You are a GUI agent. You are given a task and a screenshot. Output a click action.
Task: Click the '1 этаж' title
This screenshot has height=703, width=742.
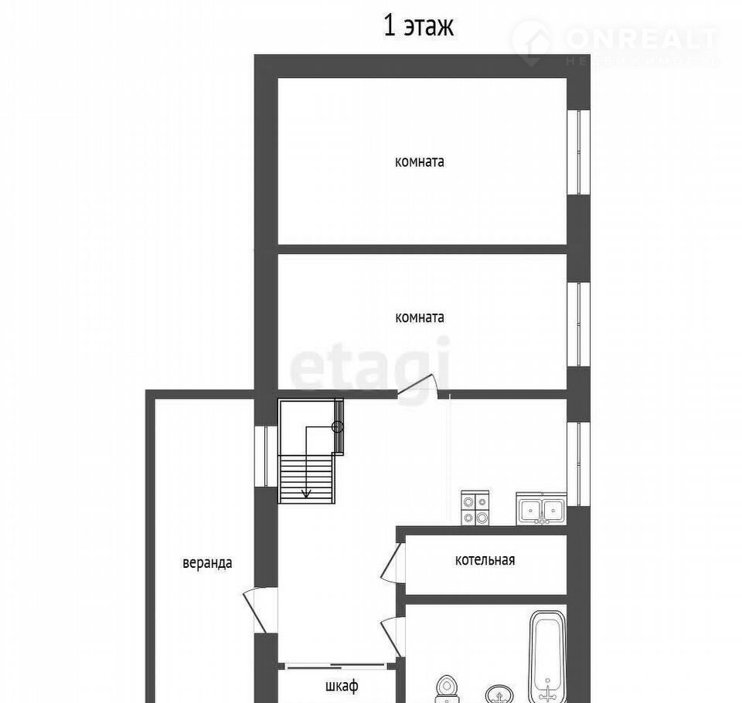tap(418, 26)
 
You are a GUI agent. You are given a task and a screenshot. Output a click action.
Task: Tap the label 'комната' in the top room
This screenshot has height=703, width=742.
tap(420, 161)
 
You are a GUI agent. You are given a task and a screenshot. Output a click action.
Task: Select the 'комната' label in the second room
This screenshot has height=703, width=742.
tap(420, 317)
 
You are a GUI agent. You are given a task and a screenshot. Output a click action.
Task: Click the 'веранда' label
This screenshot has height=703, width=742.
tap(207, 563)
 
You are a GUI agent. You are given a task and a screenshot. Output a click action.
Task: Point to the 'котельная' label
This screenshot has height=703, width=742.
tap(485, 560)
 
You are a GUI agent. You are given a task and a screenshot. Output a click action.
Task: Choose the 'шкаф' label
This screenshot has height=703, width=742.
tap(342, 685)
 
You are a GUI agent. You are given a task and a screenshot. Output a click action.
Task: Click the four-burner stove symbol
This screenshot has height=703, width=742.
tap(475, 508)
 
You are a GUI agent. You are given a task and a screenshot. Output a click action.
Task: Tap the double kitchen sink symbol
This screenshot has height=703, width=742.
tap(541, 508)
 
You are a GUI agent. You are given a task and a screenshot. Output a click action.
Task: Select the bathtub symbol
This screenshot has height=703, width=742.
tap(547, 657)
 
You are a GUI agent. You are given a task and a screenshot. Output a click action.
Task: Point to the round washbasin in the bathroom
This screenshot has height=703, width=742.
tap(499, 694)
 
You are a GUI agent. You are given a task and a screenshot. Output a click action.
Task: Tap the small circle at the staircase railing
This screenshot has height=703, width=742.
tap(337, 427)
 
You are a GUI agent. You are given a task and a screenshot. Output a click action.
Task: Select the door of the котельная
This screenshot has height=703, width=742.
tap(392, 562)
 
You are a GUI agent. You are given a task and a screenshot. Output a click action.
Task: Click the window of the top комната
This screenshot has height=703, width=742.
tap(579, 152)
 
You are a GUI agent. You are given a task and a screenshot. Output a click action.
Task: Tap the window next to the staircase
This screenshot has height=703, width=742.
tap(266, 456)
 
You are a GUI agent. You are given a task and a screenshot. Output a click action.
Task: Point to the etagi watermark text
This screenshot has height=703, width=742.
tap(369, 365)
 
